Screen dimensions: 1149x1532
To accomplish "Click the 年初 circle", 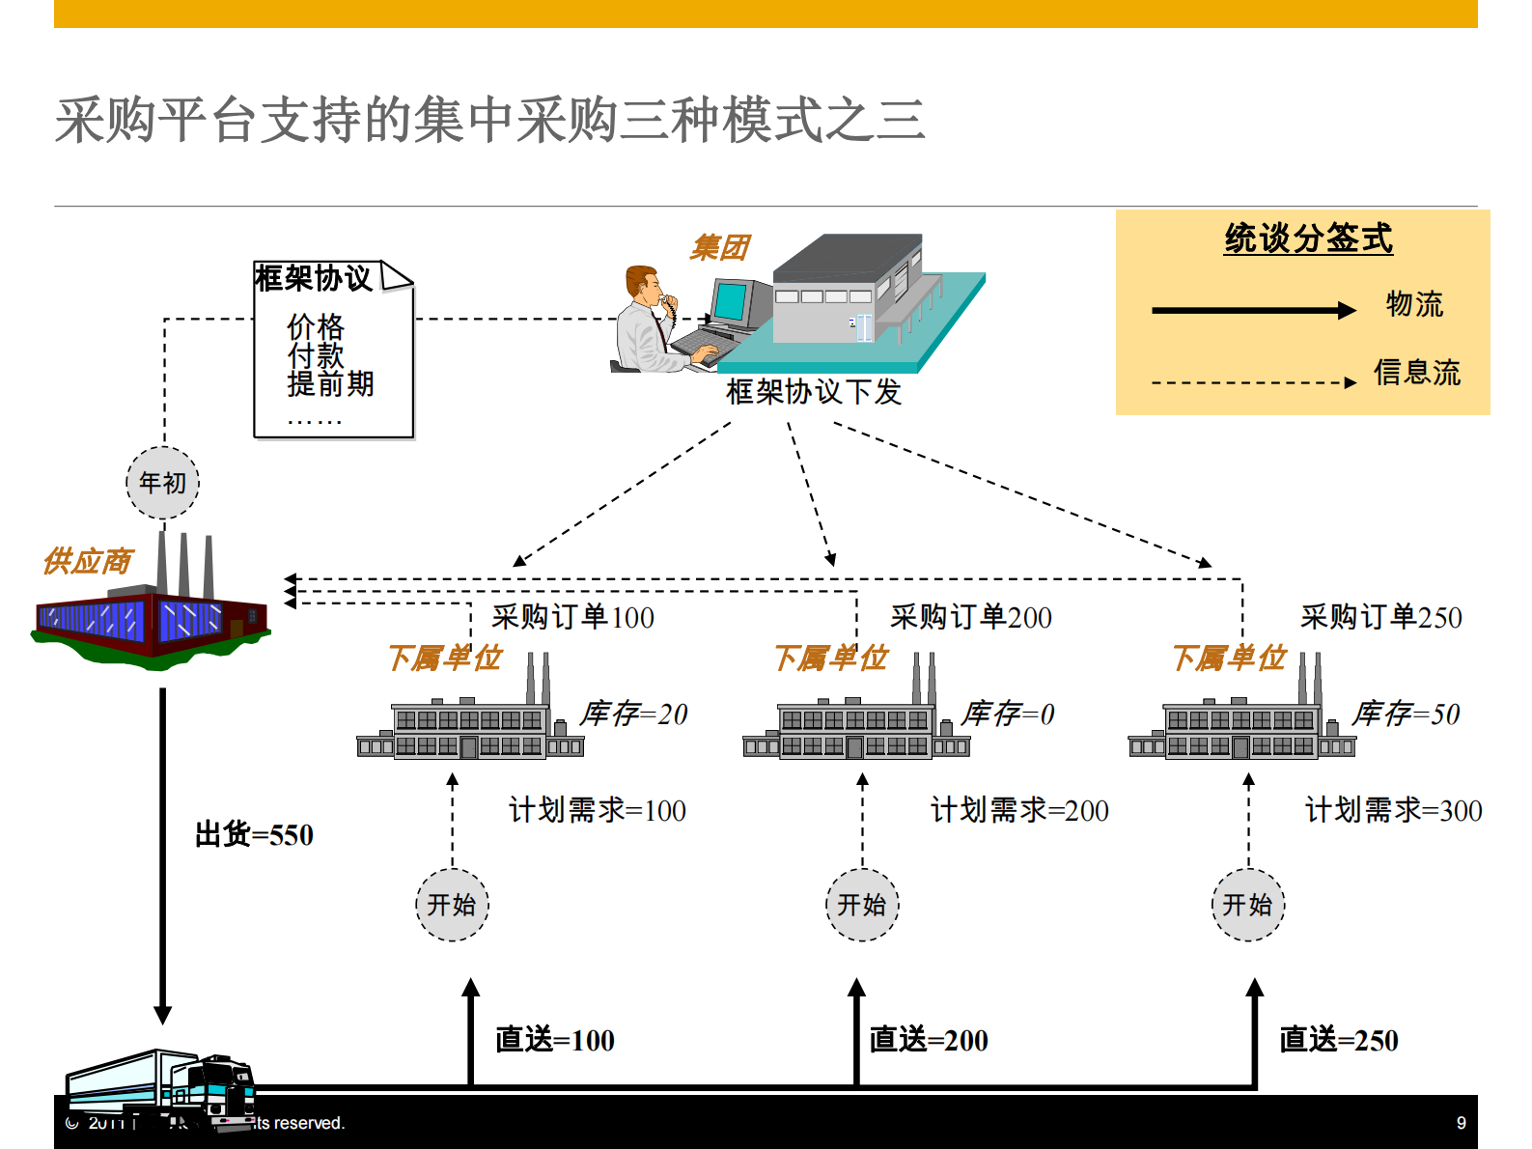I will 162,483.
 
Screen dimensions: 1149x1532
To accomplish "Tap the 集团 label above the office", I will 719,248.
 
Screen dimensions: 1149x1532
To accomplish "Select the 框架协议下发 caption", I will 814,392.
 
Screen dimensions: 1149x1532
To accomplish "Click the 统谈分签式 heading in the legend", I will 1308,238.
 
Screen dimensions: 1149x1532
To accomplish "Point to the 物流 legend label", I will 1414,304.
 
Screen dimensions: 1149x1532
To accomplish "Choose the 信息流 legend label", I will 1417,373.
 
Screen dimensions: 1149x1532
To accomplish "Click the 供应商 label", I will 88,561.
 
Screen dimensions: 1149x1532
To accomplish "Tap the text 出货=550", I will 254,835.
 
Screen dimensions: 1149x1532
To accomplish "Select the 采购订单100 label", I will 572,617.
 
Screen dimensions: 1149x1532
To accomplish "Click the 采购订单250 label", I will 1380,617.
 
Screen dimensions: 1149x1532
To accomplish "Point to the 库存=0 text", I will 1008,715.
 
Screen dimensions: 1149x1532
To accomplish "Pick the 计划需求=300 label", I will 1393,810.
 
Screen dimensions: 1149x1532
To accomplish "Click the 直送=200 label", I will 929,1040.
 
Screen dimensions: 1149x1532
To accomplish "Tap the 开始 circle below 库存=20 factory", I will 452,905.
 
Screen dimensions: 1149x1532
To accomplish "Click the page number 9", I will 1461,1123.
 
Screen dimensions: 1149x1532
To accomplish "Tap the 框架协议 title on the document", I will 313,279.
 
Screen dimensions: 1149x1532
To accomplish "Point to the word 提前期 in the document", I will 330,384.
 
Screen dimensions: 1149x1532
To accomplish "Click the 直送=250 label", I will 1338,1040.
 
